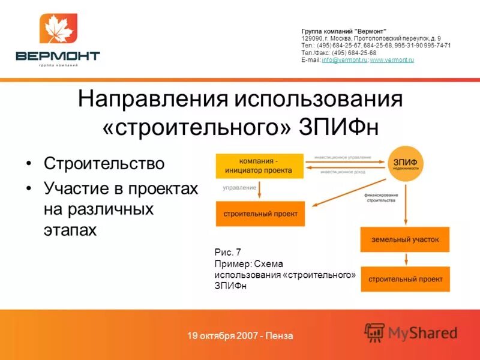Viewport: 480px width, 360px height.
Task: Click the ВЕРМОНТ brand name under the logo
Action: pyautogui.click(x=58, y=56)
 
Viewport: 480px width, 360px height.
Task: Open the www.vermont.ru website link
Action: pyautogui.click(x=392, y=60)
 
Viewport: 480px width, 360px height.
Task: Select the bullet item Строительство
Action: pyautogui.click(x=104, y=163)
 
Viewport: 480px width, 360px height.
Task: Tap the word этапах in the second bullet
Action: pyautogui.click(x=70, y=230)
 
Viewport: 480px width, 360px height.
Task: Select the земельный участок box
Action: pyautogui.click(x=405, y=240)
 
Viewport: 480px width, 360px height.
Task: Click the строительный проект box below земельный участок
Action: pyautogui.click(x=405, y=279)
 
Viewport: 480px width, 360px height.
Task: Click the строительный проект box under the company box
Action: pyautogui.click(x=260, y=214)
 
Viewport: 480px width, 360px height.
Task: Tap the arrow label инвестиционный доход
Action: pyautogui.click(x=343, y=172)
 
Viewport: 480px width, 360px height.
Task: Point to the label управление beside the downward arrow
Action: pyautogui.click(x=239, y=188)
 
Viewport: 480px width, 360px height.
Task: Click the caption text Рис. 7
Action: pyautogui.click(x=227, y=252)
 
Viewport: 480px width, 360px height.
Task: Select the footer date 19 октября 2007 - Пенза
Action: pyautogui.click(x=240, y=335)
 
